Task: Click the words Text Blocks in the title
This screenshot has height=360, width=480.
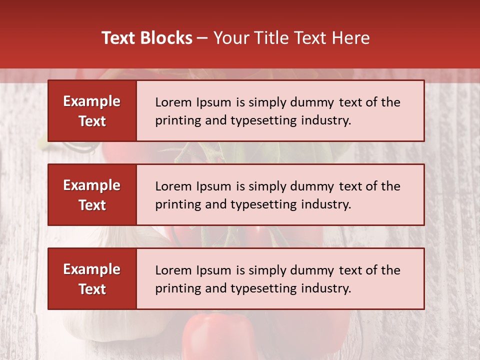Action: [147, 38]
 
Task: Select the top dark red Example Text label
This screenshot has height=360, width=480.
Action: [92, 111]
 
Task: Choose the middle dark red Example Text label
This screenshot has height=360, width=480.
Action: [92, 195]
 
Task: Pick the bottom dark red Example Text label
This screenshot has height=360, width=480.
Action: [92, 279]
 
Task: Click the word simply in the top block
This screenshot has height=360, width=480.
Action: [265, 102]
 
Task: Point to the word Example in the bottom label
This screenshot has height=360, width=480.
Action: [92, 269]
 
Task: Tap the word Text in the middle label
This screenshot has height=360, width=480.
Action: [92, 205]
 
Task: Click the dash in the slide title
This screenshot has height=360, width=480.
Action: [202, 38]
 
